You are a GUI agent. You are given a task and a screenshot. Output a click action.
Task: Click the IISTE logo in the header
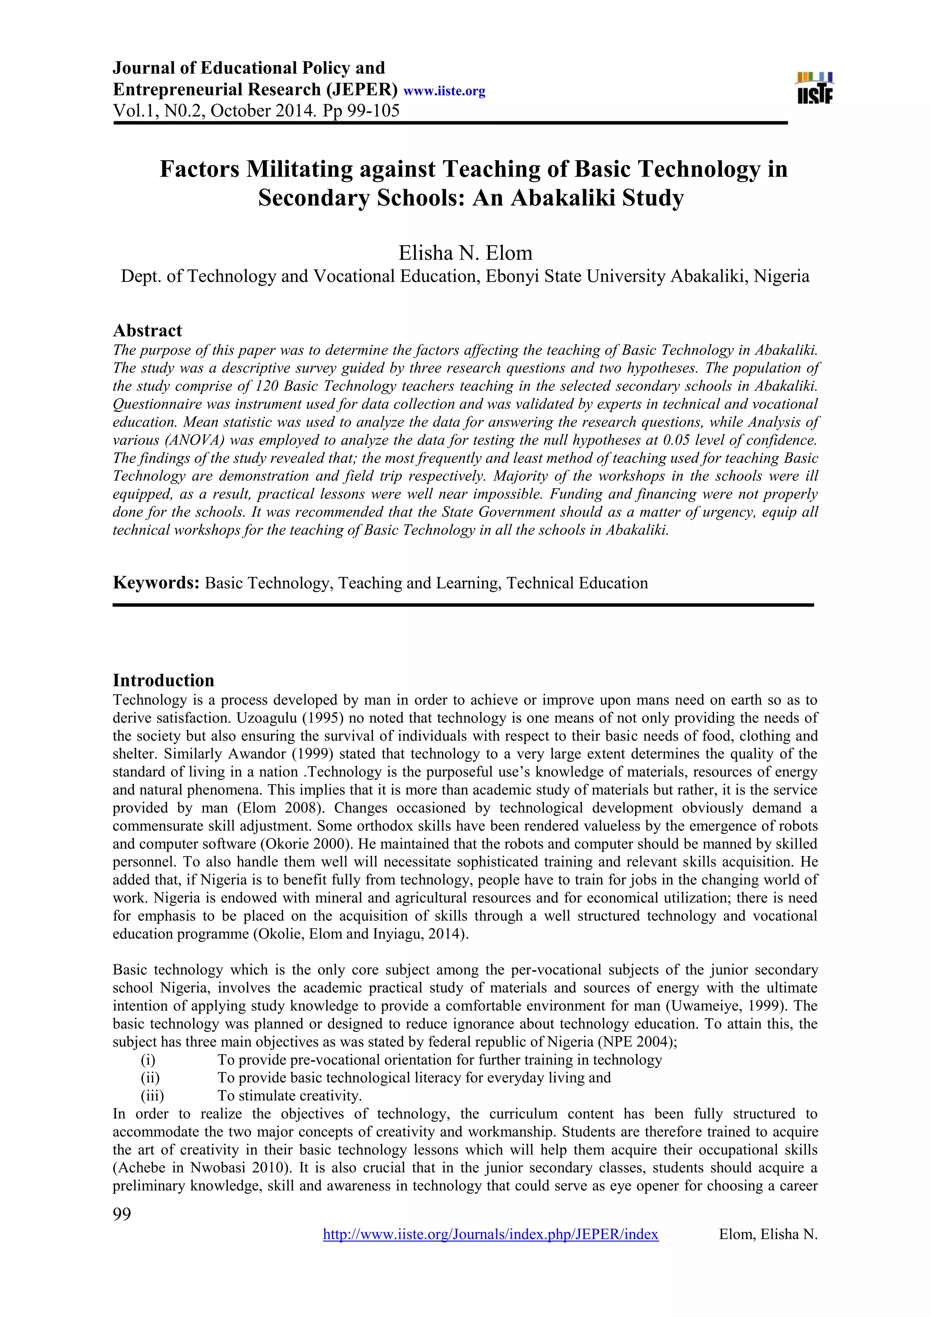point(815,88)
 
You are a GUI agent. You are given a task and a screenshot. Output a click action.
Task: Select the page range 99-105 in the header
point(370,110)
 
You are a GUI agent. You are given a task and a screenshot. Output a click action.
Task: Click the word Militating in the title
point(299,169)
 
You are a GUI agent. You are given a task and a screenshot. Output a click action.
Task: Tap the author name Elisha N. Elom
point(465,252)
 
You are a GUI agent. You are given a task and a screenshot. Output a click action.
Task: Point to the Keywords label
point(156,583)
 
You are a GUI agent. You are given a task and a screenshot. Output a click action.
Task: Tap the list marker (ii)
point(150,1077)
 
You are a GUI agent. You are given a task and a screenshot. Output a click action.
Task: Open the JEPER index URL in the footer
point(491,1234)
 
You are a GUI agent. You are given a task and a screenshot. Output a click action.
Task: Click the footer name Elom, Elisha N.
point(768,1234)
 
